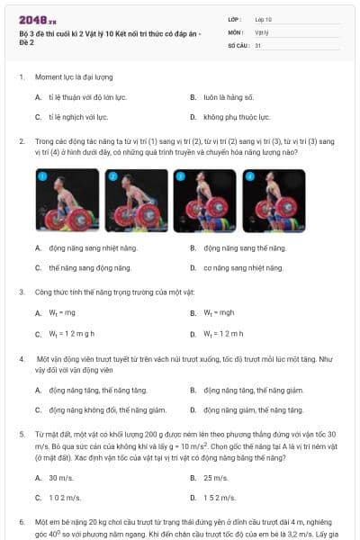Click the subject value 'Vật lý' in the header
point(262,31)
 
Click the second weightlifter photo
point(136,202)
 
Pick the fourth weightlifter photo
point(274,202)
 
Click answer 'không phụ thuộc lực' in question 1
point(233,117)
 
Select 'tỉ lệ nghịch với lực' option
point(78,117)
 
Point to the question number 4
point(21,358)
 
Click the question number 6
point(21,522)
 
